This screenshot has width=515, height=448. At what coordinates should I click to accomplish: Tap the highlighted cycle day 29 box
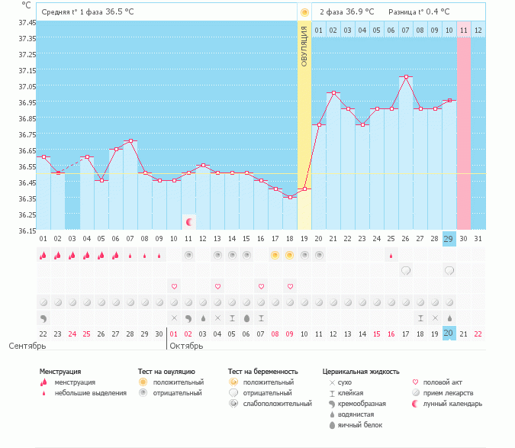click(x=449, y=239)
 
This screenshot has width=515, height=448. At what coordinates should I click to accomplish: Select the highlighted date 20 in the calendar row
click(x=449, y=334)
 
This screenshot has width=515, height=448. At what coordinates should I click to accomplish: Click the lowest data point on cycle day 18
click(x=290, y=197)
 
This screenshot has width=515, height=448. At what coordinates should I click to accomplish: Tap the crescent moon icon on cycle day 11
click(x=188, y=221)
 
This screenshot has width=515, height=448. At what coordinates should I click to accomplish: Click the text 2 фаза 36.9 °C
click(x=346, y=12)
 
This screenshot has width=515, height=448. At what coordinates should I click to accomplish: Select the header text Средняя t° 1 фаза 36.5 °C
click(x=88, y=12)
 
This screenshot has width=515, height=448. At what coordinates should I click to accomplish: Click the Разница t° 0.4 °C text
click(x=419, y=12)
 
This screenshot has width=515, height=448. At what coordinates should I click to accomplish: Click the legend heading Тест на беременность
click(x=262, y=371)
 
